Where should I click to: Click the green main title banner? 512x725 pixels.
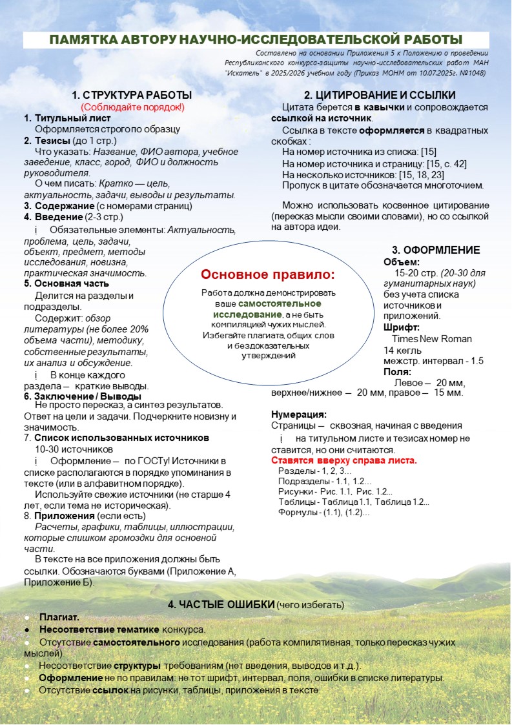click(x=256, y=40)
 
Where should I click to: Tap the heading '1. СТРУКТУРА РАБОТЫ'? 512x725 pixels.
click(x=132, y=95)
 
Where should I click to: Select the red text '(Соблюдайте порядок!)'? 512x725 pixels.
click(x=132, y=107)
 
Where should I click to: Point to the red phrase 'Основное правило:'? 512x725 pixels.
click(x=268, y=275)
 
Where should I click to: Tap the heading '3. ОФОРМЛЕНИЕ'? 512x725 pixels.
click(x=436, y=250)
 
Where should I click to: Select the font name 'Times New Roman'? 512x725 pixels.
click(x=431, y=338)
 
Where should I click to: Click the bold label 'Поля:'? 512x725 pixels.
click(x=397, y=372)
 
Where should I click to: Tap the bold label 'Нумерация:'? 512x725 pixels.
click(x=298, y=414)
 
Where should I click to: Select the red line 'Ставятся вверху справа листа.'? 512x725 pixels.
click(x=343, y=460)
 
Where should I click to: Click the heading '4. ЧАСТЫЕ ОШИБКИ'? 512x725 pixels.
click(x=221, y=605)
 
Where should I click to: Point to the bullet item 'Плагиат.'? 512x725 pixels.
click(x=59, y=617)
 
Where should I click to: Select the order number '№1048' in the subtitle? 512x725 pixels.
click(x=473, y=73)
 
